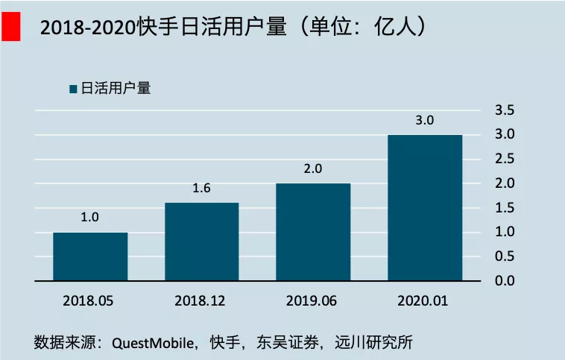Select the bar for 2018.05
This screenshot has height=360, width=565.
click(x=90, y=256)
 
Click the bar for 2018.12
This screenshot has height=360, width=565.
click(x=202, y=241)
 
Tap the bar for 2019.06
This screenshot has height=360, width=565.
click(x=313, y=232)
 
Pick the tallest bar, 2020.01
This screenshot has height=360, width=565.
click(x=425, y=207)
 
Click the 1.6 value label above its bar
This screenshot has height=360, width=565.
click(x=201, y=188)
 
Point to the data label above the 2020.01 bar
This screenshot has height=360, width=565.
click(x=424, y=120)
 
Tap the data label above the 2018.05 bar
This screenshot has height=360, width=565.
click(x=89, y=218)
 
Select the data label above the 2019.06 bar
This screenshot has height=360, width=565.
click(x=313, y=168)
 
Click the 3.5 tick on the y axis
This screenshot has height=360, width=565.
click(x=505, y=110)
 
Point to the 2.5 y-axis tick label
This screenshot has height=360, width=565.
click(x=505, y=159)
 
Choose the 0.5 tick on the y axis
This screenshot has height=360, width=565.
click(x=505, y=256)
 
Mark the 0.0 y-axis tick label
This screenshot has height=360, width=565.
click(x=505, y=281)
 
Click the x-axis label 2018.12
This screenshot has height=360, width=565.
click(x=200, y=301)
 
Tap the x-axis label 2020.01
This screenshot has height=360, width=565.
click(x=423, y=301)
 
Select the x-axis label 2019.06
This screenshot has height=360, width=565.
click(x=312, y=301)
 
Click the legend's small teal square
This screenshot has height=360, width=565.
click(x=74, y=89)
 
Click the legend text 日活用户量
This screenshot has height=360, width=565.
click(x=116, y=88)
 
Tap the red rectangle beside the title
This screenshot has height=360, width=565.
click(x=11, y=26)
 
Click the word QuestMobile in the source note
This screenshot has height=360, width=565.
click(x=153, y=343)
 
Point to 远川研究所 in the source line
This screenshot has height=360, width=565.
click(x=373, y=342)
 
